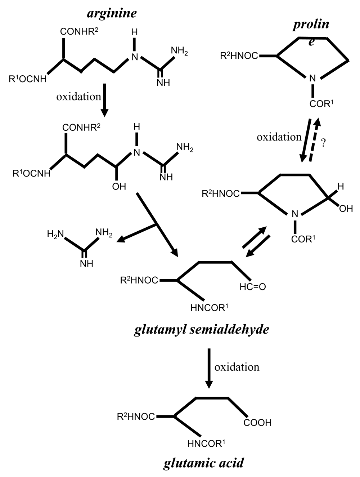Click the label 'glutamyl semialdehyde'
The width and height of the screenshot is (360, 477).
point(202,330)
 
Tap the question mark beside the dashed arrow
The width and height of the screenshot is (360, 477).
point(323,143)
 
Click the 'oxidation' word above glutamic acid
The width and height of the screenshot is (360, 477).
point(237,367)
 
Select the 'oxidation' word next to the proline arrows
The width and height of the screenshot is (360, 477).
point(279,137)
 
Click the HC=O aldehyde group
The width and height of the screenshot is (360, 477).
point(253,287)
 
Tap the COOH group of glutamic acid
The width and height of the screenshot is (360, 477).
point(257,423)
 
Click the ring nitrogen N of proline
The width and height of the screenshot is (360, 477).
point(312,78)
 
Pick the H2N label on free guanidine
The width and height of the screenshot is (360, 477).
point(55,234)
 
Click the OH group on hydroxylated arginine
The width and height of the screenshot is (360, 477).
point(119,187)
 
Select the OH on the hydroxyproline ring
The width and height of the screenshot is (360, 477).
point(346,209)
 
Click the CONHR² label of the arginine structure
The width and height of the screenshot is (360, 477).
point(79,31)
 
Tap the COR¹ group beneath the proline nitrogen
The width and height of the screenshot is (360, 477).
point(321,103)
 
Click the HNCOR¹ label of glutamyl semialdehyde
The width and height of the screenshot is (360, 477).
point(209,308)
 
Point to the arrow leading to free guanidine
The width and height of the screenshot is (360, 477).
point(136,233)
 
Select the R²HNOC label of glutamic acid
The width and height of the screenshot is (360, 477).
point(136,416)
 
